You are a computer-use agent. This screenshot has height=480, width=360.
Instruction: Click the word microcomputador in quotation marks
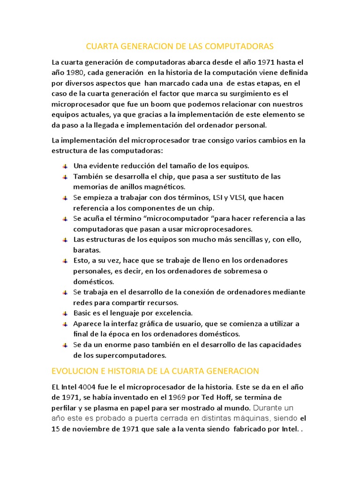coord(179,218)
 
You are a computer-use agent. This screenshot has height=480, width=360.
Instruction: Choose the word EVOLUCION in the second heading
coord(71,371)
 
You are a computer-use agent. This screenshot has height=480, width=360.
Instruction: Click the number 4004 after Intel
coord(89,387)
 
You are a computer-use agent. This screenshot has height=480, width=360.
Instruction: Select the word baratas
coord(87,250)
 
